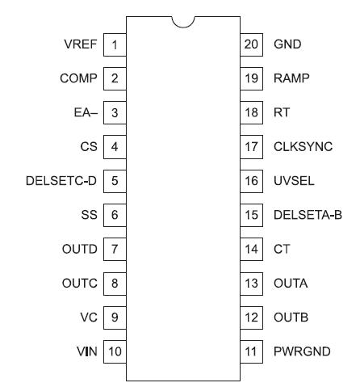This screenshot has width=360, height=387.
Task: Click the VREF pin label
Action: tap(82, 44)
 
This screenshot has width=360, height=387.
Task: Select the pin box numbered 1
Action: tap(115, 44)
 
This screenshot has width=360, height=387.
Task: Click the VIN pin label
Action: tap(87, 351)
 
